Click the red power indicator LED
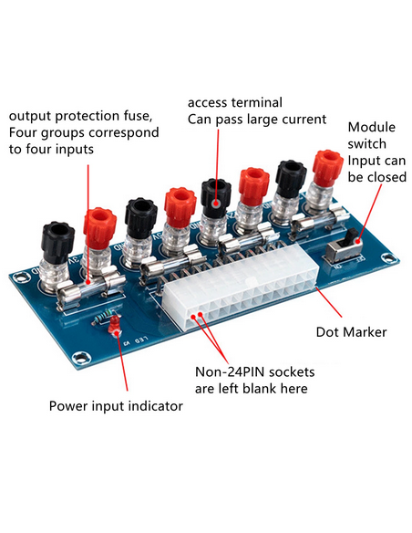(114, 325)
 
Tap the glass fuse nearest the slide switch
(319, 220)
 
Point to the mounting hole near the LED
(81, 357)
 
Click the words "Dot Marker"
(351, 332)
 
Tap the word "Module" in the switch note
(372, 127)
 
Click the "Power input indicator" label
(116, 406)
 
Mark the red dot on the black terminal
(216, 204)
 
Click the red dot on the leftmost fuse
(88, 282)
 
